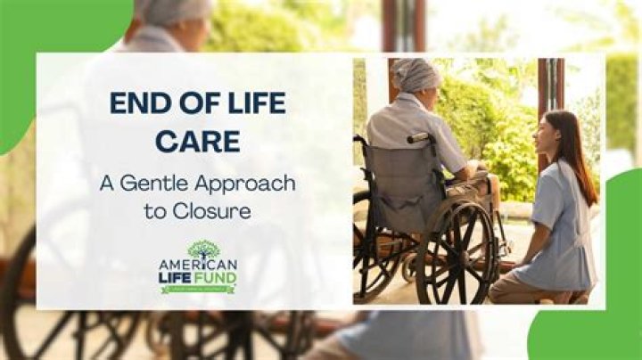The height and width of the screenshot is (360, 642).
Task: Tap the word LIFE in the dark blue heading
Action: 252,103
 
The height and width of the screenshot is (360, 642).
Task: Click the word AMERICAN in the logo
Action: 198,266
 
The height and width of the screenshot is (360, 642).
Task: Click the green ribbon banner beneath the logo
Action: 198,289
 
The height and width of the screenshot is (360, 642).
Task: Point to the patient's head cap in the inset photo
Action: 416,76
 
